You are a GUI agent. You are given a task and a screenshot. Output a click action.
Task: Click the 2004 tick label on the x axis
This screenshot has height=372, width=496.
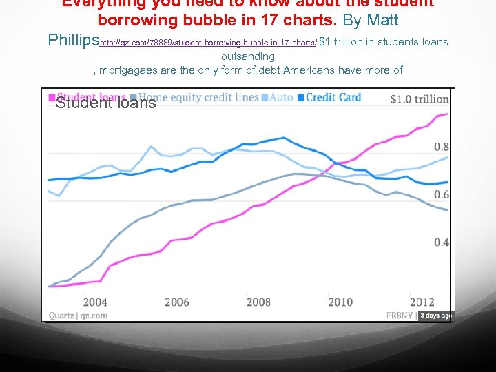95,302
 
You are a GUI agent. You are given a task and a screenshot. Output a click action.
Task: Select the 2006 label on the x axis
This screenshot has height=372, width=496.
177,302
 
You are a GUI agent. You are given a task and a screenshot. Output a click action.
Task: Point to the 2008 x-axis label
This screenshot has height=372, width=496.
258,302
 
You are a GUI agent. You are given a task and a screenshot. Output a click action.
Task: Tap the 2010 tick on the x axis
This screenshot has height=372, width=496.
340,302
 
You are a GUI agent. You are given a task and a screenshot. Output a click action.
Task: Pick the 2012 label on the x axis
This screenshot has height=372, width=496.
422,302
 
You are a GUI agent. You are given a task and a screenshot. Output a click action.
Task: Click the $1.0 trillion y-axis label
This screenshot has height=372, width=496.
420,99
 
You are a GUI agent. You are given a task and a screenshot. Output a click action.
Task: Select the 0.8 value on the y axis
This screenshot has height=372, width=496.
442,146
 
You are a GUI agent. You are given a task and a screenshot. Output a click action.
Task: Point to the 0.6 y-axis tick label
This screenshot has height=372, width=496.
442,194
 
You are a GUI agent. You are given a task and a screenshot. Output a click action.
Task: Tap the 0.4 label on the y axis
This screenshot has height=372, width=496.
442,242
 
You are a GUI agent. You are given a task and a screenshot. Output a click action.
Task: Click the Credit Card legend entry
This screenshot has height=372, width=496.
333,97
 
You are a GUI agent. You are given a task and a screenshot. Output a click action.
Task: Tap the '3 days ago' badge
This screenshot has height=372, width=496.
435,316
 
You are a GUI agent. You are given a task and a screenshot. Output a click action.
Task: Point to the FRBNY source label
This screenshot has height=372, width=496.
400,316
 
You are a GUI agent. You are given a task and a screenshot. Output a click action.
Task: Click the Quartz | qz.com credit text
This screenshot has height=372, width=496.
78,316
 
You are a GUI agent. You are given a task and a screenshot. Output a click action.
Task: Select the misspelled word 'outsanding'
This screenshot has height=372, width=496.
248,56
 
